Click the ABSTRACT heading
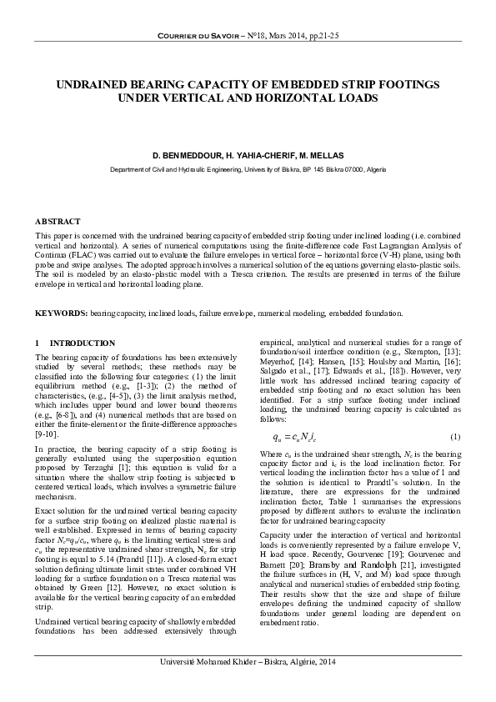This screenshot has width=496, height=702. [58, 222]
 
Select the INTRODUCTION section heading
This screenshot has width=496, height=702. [83, 343]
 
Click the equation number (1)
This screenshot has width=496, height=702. [455, 438]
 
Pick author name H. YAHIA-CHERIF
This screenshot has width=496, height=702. [253, 156]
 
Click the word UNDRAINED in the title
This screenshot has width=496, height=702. [97, 86]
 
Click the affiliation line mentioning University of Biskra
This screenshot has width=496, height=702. [248, 169]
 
